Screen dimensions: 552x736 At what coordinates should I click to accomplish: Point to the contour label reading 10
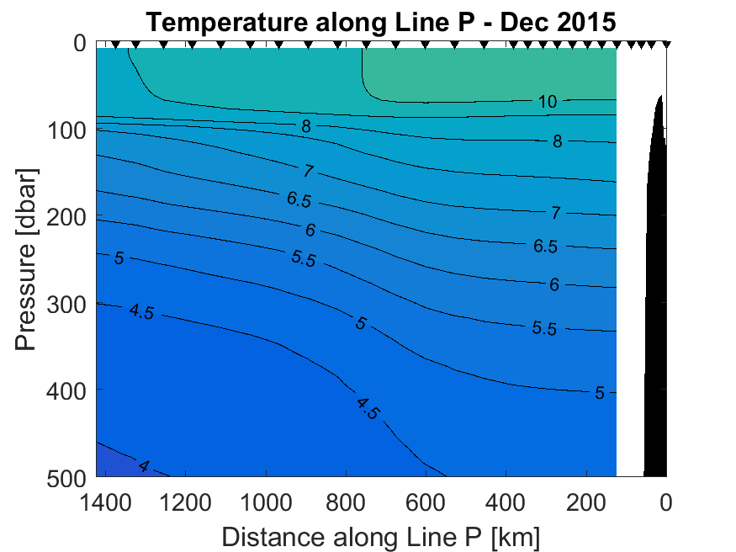(x=548, y=102)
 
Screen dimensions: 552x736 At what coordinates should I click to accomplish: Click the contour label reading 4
(x=144, y=466)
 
